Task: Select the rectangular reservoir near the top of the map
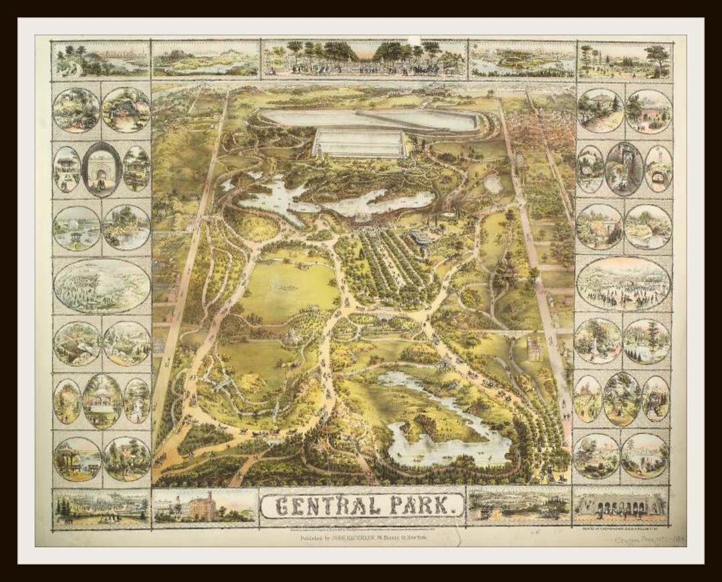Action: pos(360,142)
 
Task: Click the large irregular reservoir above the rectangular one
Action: pos(368,119)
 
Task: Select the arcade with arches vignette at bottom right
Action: pos(620,505)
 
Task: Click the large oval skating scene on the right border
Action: pos(623,283)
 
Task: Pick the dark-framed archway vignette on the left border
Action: pos(102,169)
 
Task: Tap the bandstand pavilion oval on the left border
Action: pos(102,401)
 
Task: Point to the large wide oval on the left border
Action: pos(102,285)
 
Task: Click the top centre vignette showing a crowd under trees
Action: pos(364,58)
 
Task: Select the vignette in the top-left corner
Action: pos(101,59)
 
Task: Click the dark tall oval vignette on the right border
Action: pos(624,168)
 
